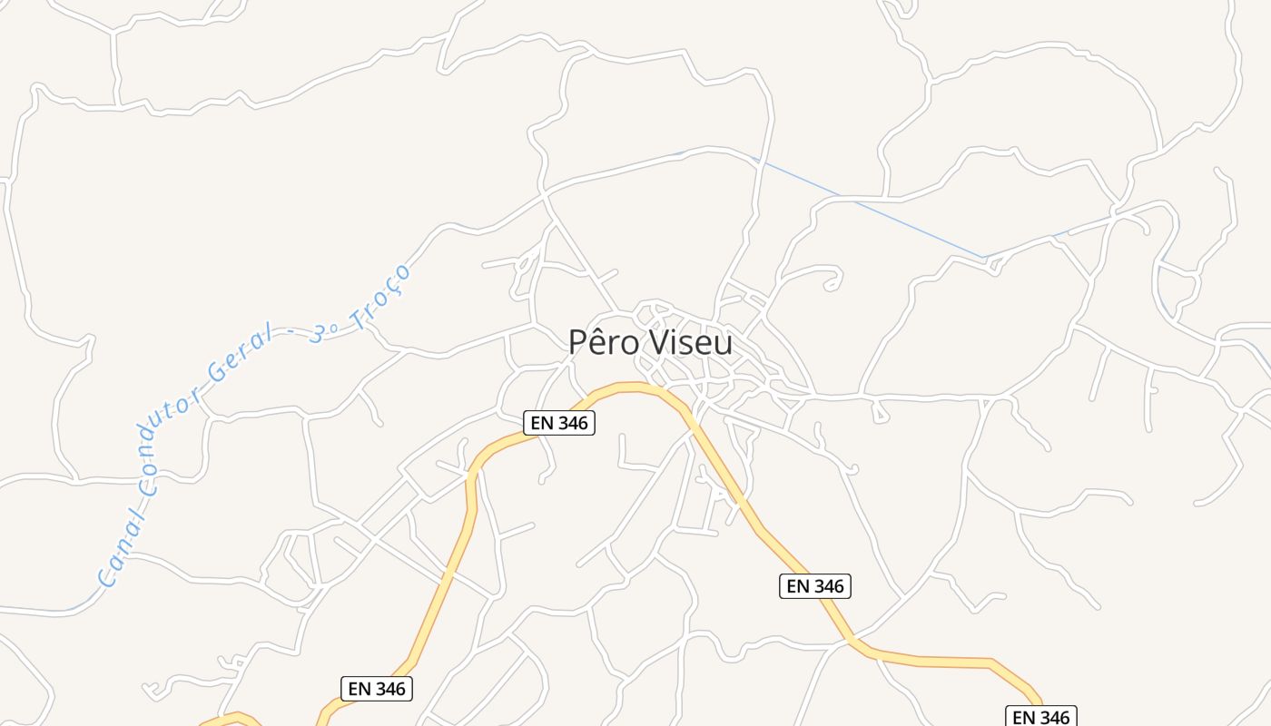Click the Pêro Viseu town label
[x=650, y=342]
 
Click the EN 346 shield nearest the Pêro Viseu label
[x=559, y=423]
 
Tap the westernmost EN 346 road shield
[x=378, y=689]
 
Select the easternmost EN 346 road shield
[x=1041, y=717]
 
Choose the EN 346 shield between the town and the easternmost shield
[x=815, y=586]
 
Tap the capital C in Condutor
[x=150, y=486]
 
